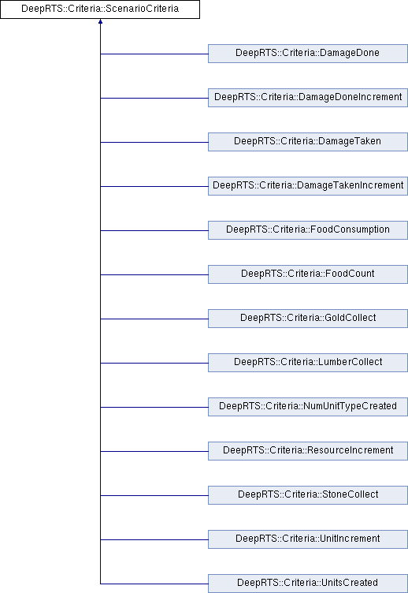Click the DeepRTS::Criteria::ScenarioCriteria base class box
100,9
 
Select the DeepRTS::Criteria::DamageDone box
308,54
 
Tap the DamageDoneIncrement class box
308,98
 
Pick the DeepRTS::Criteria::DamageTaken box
308,142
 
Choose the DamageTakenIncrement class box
308,186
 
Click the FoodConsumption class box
308,230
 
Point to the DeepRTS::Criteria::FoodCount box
308,274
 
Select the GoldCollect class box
308,319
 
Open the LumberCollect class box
308,363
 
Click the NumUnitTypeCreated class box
308,407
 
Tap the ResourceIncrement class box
308,451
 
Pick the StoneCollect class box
308,495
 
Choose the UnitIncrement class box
308,539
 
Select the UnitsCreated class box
308,584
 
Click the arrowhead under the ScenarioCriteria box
101,21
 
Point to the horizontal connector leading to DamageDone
154,54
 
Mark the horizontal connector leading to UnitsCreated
154,584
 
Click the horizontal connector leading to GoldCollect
154,319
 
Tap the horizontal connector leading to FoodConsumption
154,231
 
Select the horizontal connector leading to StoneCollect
154,495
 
